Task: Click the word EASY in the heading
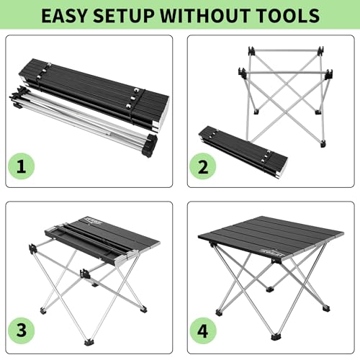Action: point(63,16)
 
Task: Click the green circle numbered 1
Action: point(22,166)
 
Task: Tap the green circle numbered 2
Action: point(203,166)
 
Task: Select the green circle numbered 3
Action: point(22,330)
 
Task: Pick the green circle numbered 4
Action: point(203,331)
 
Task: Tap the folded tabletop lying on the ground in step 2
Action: point(243,153)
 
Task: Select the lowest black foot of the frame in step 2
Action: point(323,144)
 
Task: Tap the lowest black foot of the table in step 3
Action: point(89,342)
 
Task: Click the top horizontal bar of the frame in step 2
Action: point(286,50)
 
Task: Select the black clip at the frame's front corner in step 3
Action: point(84,274)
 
